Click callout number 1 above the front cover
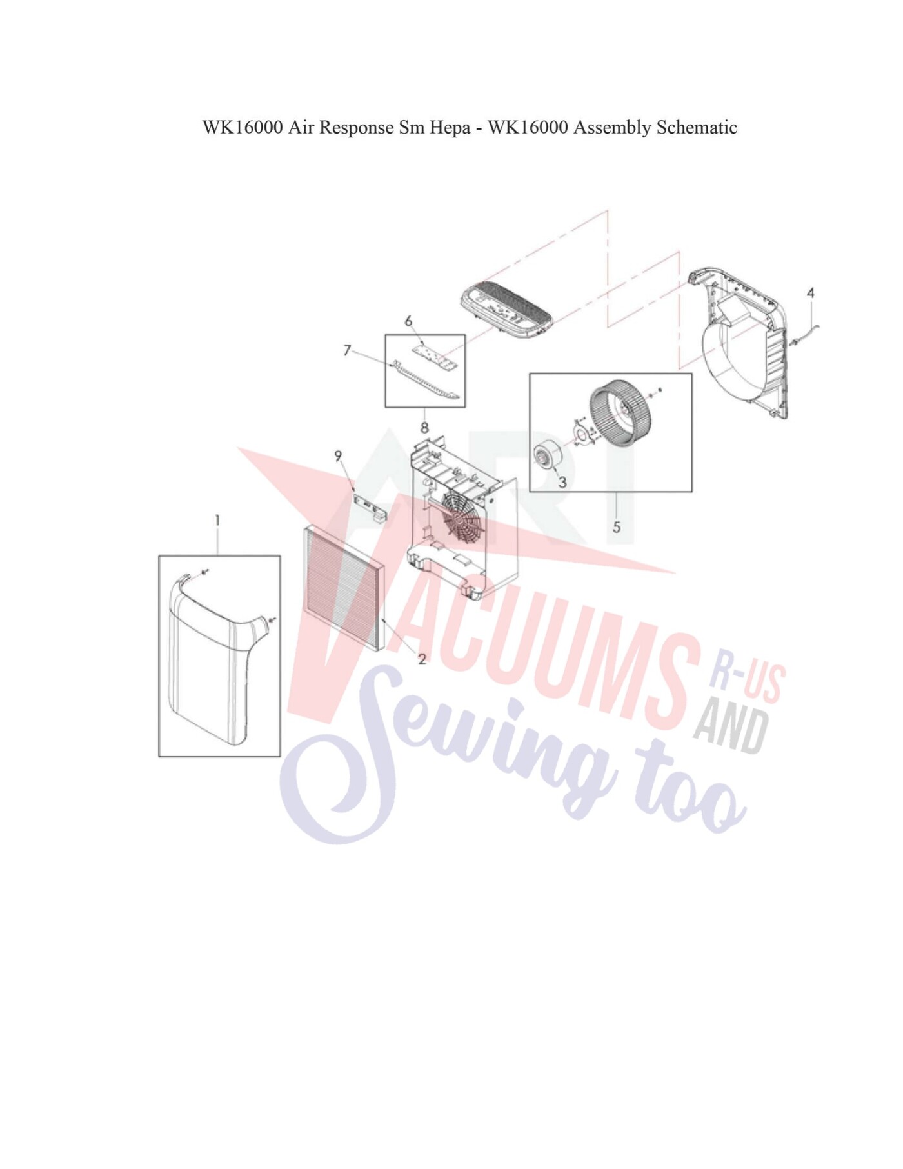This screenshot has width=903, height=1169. coord(217,520)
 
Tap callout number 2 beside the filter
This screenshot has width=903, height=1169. coord(422,659)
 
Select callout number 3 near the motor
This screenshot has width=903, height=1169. coord(562,482)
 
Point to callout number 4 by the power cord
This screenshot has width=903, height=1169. coord(811,293)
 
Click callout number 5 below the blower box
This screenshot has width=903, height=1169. coord(617,527)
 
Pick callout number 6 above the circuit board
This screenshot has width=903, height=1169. coord(408,321)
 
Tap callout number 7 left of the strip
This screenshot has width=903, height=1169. coord(348,350)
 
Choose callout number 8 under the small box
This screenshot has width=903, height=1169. coord(424,427)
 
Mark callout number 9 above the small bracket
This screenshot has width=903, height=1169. coord(338,456)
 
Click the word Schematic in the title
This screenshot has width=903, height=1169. coord(697,127)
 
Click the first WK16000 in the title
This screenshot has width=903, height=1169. coord(243,127)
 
